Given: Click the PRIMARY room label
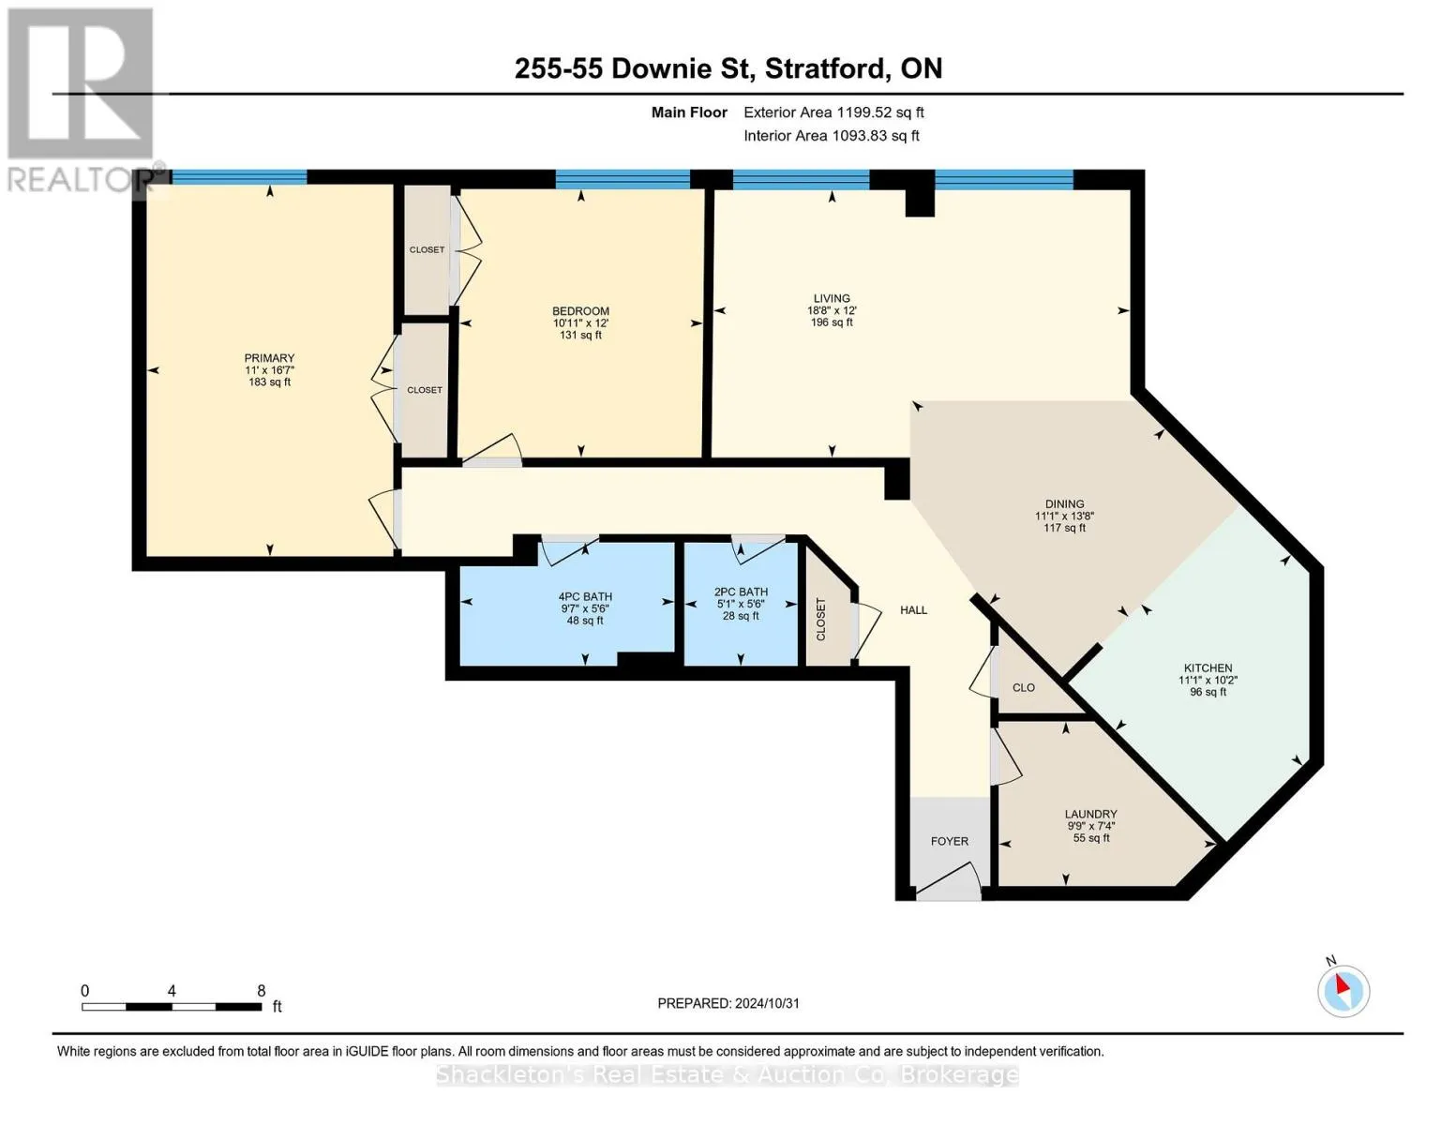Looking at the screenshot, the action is [x=269, y=358].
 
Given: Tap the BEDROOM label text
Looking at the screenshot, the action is [x=581, y=311].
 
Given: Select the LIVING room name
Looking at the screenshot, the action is [x=832, y=298].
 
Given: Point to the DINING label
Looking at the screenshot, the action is [x=1065, y=503].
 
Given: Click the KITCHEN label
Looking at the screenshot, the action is [x=1208, y=668].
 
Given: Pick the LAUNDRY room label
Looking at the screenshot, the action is [x=1090, y=814].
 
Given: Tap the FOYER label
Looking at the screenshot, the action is [x=950, y=841].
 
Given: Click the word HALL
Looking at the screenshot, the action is [x=914, y=609].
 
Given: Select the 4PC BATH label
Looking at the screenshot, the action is [x=586, y=596].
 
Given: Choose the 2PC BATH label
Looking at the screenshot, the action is [x=741, y=592].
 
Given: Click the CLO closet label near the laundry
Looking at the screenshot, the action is [x=1024, y=687].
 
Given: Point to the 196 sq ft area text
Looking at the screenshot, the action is [x=832, y=322].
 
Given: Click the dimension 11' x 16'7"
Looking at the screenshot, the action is [x=269, y=370].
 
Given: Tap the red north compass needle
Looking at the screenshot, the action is [x=1343, y=984].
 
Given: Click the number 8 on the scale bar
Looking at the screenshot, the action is [x=262, y=990].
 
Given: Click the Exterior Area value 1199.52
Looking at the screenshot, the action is [x=860, y=112].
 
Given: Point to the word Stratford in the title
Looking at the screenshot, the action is [x=828, y=68].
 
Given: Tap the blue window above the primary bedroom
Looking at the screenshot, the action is [x=239, y=177].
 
